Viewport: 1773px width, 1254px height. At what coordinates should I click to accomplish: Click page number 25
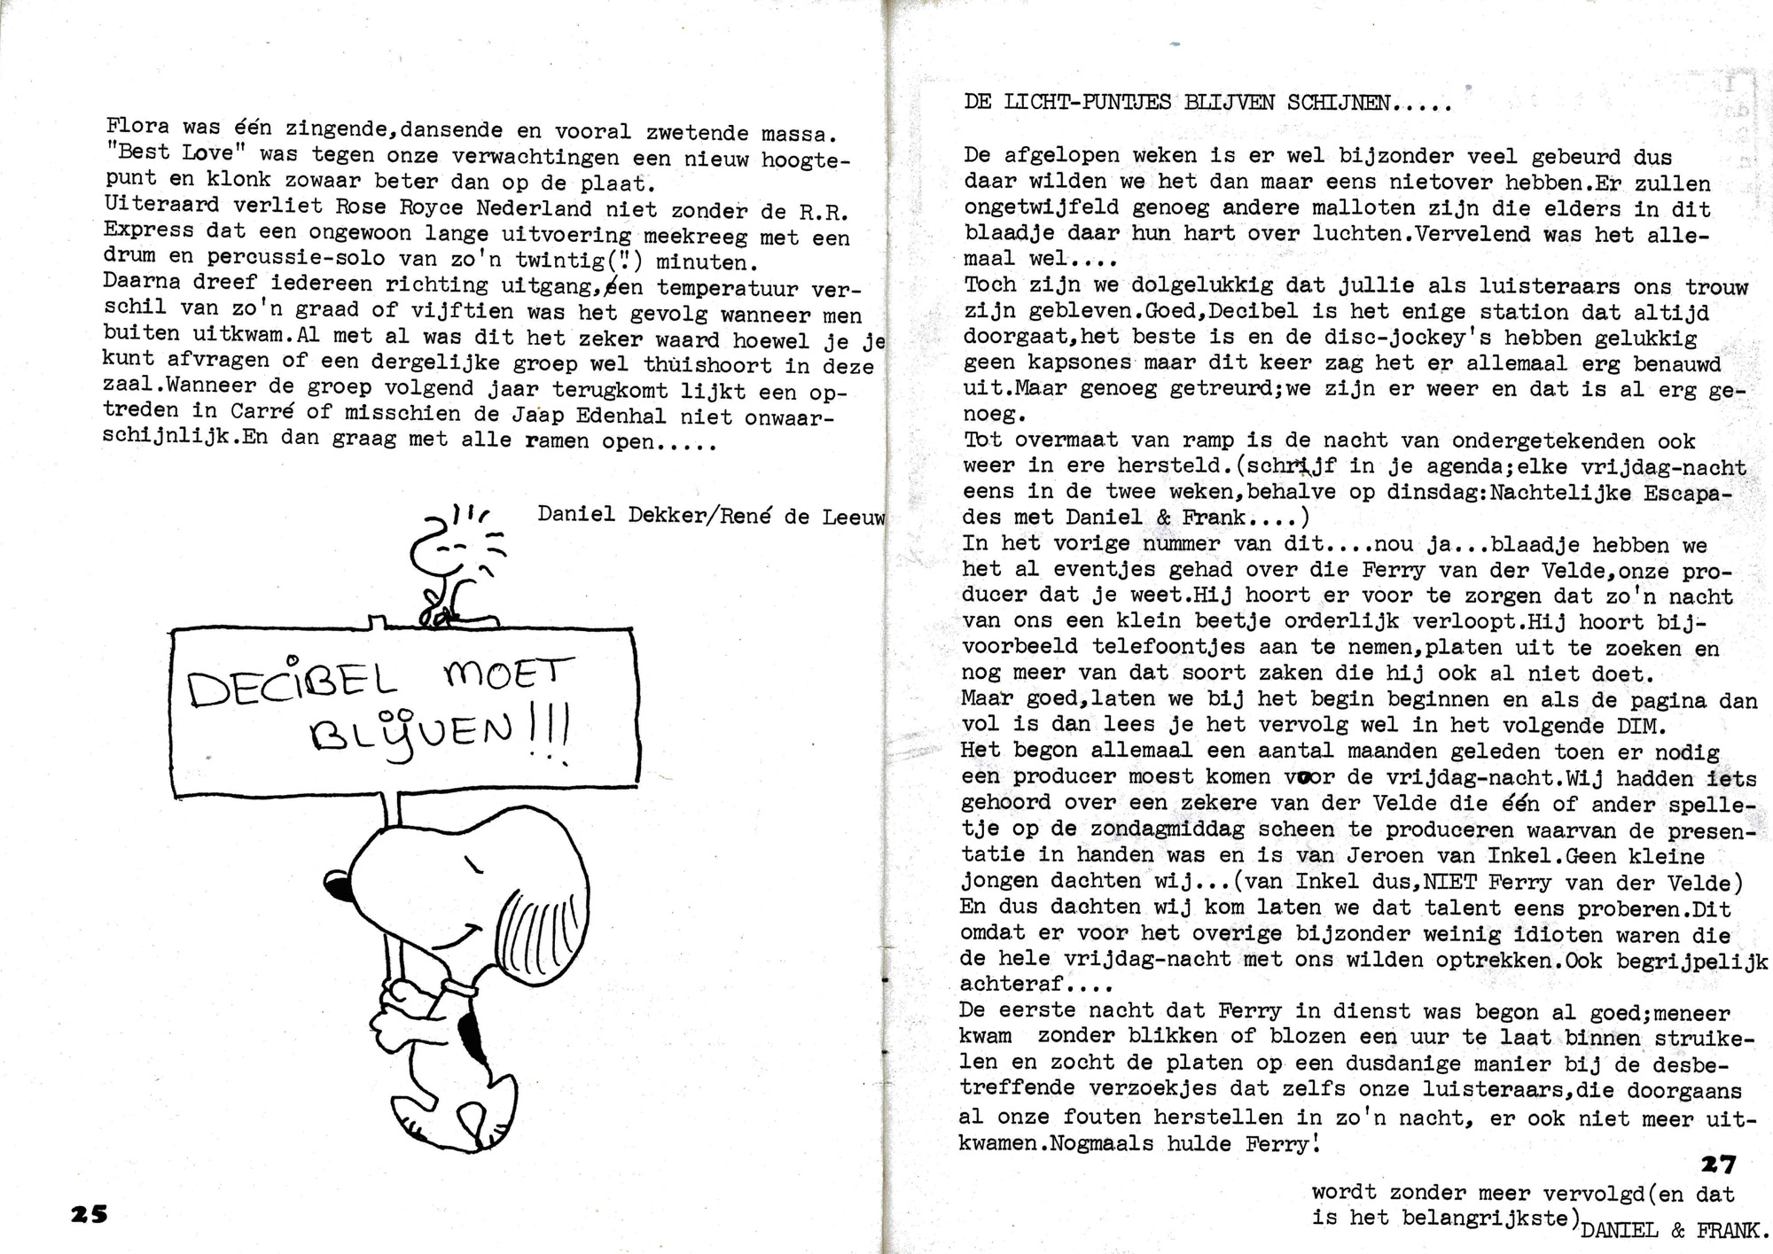[x=89, y=1213]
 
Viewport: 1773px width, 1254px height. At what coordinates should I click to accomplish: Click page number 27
[x=1718, y=1164]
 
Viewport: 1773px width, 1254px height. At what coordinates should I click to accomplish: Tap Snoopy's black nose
[x=338, y=884]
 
